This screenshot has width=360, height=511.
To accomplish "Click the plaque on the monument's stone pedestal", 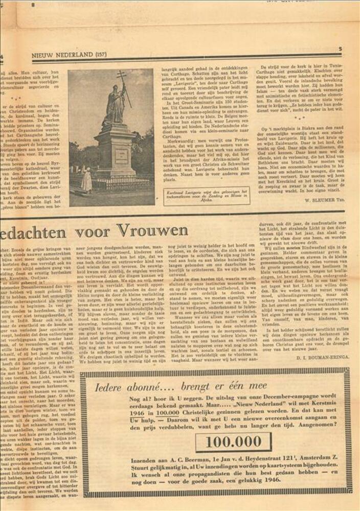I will click(121, 155).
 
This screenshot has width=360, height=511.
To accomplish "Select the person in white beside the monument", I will click(87, 180).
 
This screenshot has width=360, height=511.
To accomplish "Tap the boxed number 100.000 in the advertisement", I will click(236, 442).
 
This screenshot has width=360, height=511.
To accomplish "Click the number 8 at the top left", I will click(33, 5).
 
